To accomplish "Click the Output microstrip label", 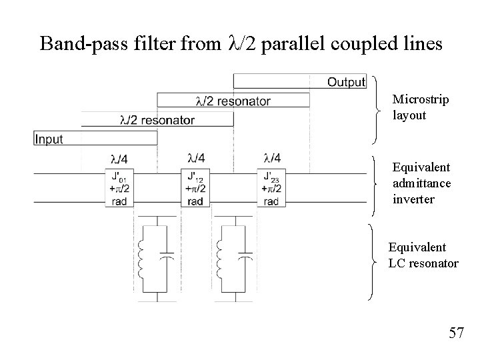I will click(x=347, y=82).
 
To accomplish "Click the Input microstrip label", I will click(x=49, y=139).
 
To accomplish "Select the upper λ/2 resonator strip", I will click(x=233, y=101).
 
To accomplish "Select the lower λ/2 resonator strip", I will click(x=157, y=121).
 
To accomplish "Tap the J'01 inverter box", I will click(x=119, y=189).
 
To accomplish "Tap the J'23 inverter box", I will click(x=271, y=189).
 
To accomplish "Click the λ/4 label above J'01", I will click(x=119, y=159).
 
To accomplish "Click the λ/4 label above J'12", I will click(x=196, y=158).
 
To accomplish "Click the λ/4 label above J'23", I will click(x=272, y=158).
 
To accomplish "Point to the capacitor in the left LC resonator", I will click(x=169, y=257).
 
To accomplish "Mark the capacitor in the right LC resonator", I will click(x=246, y=257).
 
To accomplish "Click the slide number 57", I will click(x=456, y=332).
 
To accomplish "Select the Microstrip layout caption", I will click(x=420, y=107).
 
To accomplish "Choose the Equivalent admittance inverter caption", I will click(x=421, y=183).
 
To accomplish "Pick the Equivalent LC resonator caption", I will click(x=423, y=255).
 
